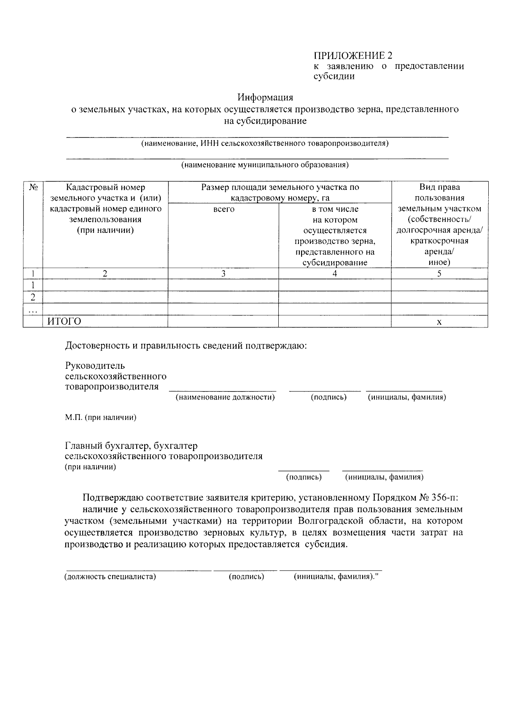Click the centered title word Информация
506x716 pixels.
[x=265, y=97]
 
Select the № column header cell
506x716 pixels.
[x=33, y=187]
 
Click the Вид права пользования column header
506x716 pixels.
[x=439, y=224]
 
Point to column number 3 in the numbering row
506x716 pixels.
[x=223, y=273]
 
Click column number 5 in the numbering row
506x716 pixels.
[x=439, y=273]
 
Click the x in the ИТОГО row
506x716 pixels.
[x=439, y=322]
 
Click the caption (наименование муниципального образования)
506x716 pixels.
[x=265, y=165]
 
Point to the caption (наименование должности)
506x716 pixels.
[x=225, y=397]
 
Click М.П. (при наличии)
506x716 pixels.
[x=100, y=418]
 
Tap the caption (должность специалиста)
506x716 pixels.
[x=110, y=577]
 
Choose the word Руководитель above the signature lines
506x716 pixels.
[x=95, y=365]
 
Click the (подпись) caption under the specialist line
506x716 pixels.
[x=246, y=577]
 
